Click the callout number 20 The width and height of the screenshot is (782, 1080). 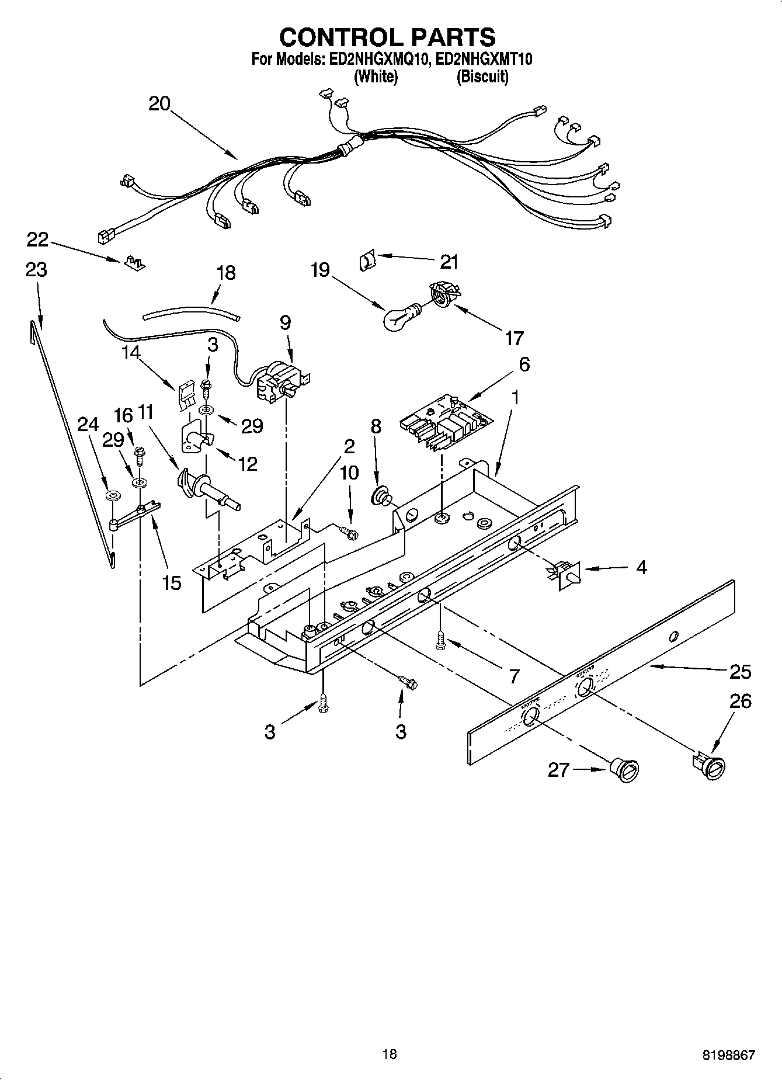(x=159, y=104)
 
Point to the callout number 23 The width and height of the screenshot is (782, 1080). (x=36, y=270)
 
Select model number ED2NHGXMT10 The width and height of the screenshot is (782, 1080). (x=484, y=59)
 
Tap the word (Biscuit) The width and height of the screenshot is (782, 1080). (x=482, y=77)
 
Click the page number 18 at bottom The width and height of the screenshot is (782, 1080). (x=390, y=1054)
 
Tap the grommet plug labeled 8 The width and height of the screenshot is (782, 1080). (x=383, y=496)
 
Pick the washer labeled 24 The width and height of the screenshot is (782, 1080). (x=112, y=496)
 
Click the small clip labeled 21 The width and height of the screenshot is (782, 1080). (x=366, y=259)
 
